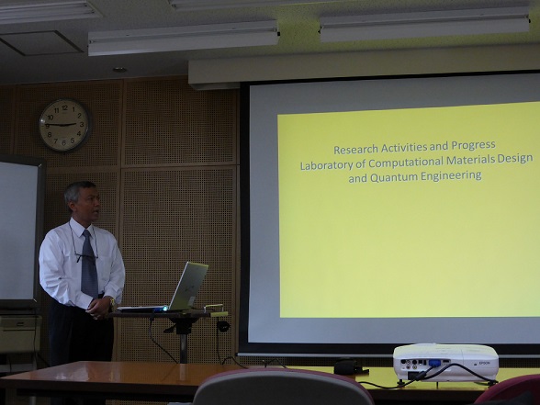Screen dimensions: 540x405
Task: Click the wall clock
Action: (64, 125)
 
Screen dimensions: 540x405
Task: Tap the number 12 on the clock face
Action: (64, 107)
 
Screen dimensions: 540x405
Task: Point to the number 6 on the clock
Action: (63, 142)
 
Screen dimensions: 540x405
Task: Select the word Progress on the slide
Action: (474, 145)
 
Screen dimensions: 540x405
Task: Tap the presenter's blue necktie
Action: (89, 264)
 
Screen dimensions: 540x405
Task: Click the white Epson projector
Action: (446, 362)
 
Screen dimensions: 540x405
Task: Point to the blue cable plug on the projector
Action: (434, 362)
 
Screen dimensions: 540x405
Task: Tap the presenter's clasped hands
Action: (99, 308)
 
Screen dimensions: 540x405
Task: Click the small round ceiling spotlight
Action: (119, 70)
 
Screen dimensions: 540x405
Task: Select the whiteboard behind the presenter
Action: (19, 231)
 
